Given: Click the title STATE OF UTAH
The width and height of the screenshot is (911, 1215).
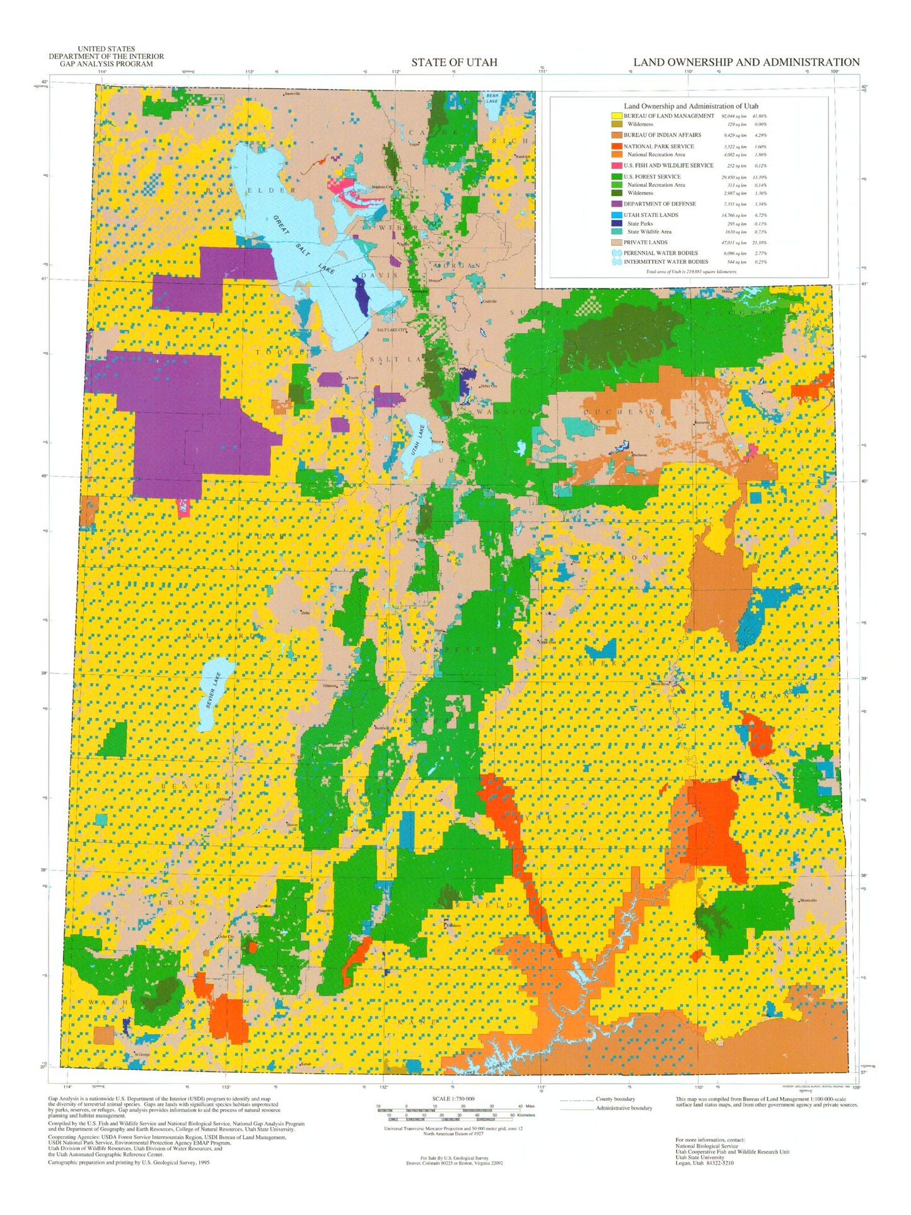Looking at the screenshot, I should click(x=454, y=62).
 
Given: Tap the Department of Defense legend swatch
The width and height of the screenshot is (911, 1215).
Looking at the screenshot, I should click(x=616, y=204).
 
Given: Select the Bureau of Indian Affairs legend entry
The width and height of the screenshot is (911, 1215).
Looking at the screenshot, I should click(x=662, y=135).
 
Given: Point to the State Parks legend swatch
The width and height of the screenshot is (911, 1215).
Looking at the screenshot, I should click(x=616, y=223).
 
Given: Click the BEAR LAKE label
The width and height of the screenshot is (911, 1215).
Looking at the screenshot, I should click(x=492, y=98).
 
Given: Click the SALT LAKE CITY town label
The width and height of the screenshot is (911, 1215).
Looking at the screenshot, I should click(x=392, y=330).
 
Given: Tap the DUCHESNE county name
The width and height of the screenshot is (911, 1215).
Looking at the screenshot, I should click(x=625, y=412).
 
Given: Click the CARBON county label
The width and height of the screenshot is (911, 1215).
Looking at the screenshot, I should click(x=618, y=558).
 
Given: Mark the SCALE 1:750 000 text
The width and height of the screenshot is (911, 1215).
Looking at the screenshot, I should click(x=453, y=1098).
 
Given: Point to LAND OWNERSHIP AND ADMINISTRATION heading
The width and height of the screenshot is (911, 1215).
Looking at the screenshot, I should click(x=746, y=62).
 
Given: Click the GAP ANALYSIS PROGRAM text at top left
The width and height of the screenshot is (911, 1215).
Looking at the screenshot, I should click(x=106, y=64).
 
